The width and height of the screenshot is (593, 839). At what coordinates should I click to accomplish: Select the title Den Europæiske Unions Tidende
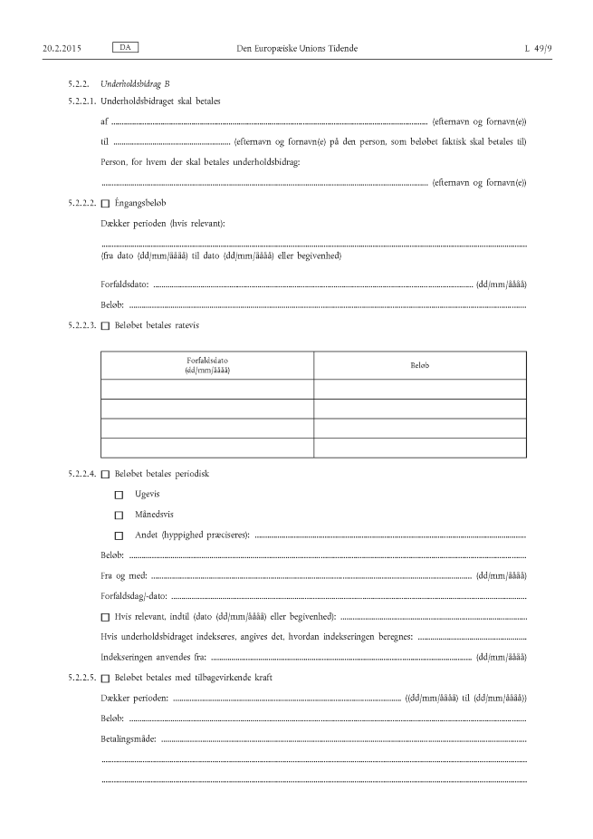296,46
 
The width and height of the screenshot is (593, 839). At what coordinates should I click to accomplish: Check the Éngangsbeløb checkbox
105,203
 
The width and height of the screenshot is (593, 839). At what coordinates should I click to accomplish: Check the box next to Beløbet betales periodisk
105,474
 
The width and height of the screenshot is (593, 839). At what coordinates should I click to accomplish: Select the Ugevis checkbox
119,495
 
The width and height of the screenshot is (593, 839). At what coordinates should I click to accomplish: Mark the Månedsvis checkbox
119,515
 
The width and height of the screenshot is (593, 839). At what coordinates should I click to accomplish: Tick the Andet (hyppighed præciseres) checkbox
119,535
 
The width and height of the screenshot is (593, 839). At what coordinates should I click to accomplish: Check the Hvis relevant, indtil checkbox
105,617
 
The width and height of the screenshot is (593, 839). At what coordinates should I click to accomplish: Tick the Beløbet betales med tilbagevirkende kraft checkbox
105,679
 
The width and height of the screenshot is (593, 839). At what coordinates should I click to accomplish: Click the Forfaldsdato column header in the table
207,365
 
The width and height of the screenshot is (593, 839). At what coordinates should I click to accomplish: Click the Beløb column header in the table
419,365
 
